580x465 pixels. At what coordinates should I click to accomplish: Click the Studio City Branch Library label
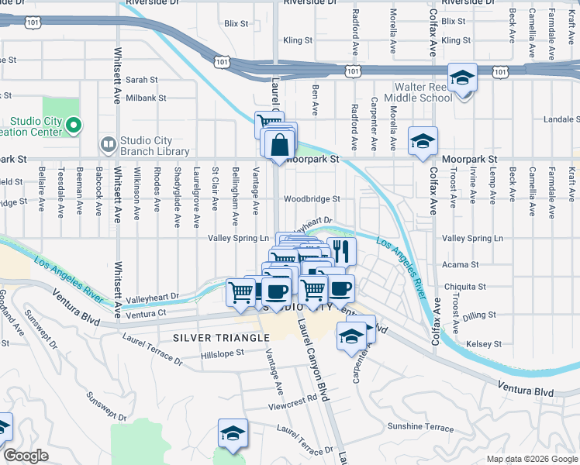(x=154, y=145)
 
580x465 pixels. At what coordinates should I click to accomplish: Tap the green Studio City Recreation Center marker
(x=74, y=125)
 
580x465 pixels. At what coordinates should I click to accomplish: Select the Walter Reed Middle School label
(x=423, y=93)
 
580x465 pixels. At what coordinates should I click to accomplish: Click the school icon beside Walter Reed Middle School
(x=462, y=78)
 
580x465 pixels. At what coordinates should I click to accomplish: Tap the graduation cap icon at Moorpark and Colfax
(x=423, y=142)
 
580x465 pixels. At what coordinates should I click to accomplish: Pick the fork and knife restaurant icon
(x=340, y=250)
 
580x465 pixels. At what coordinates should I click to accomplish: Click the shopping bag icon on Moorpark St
(x=279, y=145)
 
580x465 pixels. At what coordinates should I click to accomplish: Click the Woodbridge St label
(x=312, y=198)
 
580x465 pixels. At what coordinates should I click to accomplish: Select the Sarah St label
(x=141, y=79)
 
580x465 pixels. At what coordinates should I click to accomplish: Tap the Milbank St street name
(x=141, y=98)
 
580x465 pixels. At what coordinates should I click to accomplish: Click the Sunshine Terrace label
(x=419, y=427)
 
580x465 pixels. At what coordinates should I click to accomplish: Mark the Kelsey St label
(x=484, y=343)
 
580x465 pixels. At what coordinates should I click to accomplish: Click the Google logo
(x=26, y=456)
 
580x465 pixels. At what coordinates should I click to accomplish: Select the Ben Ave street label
(x=316, y=99)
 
